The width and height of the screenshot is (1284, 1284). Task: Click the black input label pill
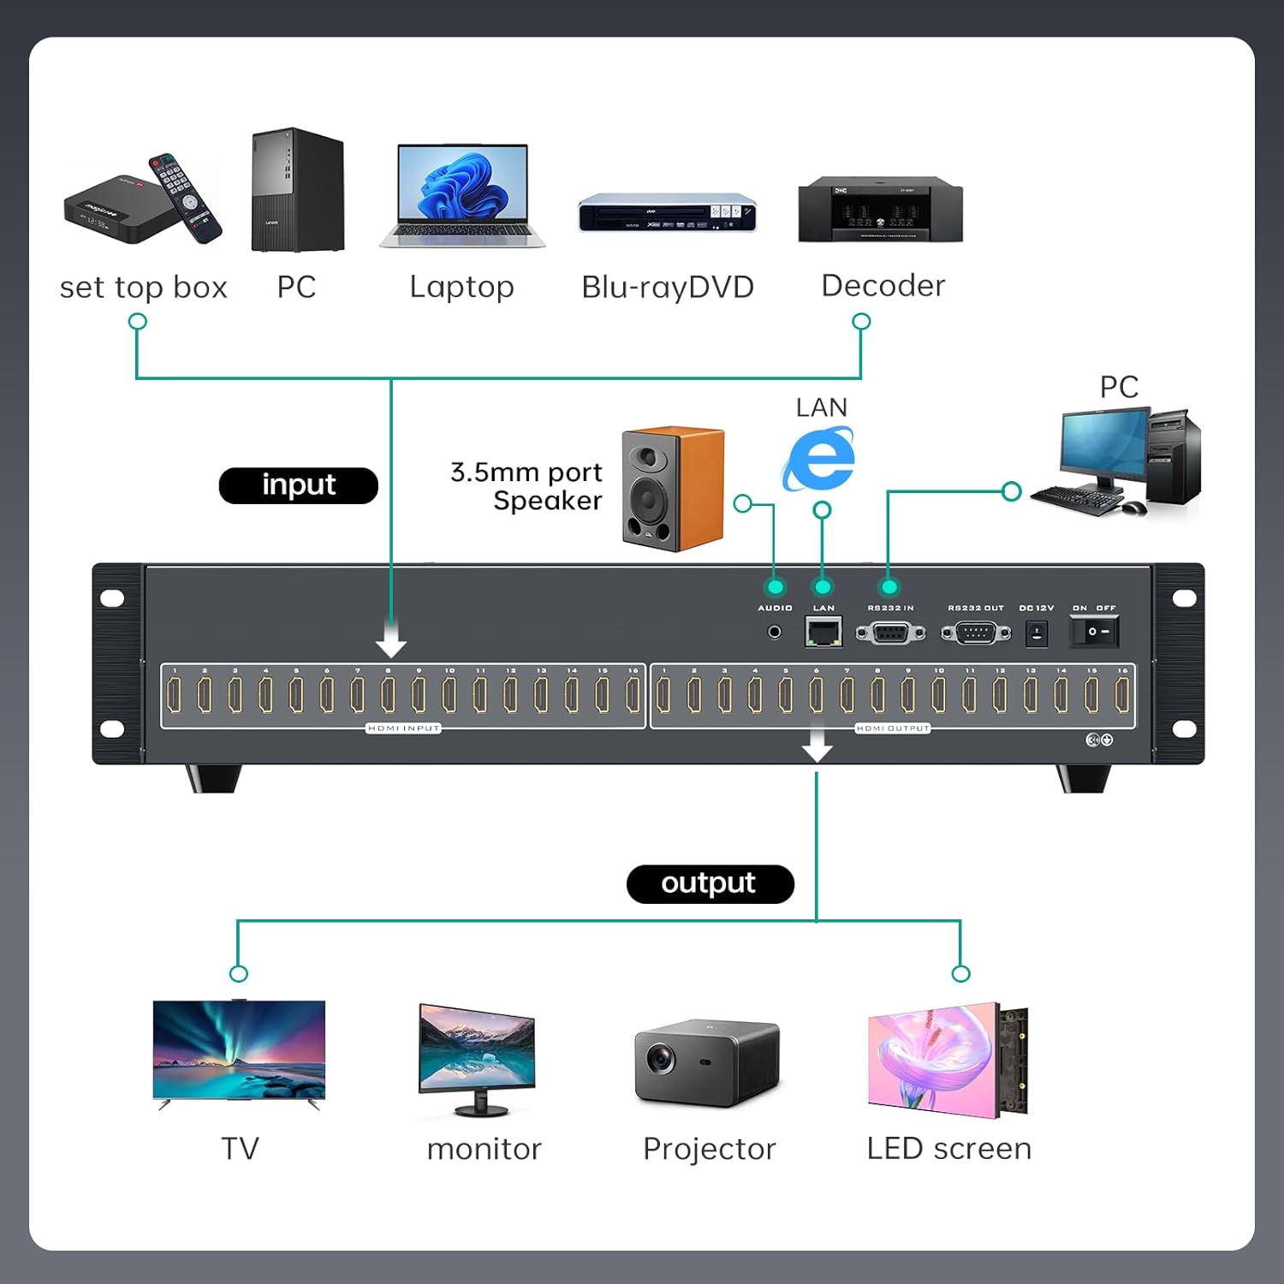(x=298, y=485)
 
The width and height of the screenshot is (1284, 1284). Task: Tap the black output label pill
(x=710, y=883)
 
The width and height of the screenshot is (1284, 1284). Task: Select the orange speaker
(x=673, y=489)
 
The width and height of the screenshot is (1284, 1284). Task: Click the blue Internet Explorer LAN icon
(x=819, y=460)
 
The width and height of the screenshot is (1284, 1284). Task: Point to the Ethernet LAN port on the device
(x=823, y=633)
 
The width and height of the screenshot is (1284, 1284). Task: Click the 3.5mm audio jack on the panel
(x=775, y=633)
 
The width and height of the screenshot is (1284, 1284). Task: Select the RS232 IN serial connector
(x=890, y=633)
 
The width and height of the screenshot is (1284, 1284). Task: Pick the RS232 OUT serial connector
(x=976, y=633)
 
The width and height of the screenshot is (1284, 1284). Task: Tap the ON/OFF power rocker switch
(x=1095, y=633)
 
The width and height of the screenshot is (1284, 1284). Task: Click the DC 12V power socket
(x=1037, y=634)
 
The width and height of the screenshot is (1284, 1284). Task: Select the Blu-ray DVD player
(x=668, y=213)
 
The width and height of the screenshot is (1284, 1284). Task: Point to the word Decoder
(x=883, y=286)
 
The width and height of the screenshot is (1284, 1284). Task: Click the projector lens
(x=660, y=1058)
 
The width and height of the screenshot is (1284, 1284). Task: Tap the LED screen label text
(x=948, y=1149)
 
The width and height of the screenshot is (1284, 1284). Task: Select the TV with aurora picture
(x=239, y=1051)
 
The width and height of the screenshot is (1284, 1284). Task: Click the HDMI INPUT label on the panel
(x=403, y=728)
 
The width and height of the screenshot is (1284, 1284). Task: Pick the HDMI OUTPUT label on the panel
(x=893, y=728)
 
